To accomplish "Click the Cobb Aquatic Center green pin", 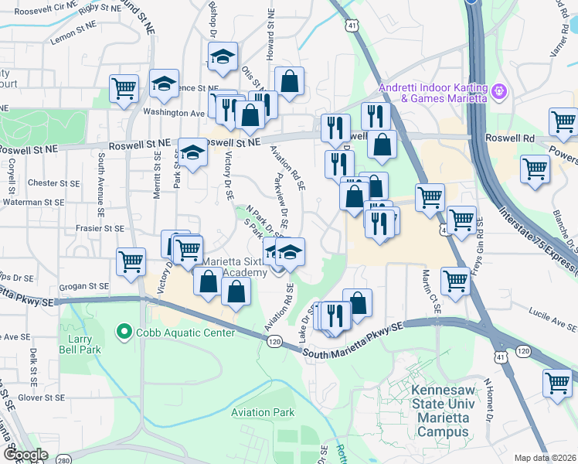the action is [x=122, y=333].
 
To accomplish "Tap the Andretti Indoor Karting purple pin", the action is [x=500, y=92].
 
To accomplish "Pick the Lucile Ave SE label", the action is [x=549, y=312].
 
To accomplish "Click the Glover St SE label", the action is [x=43, y=397].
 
